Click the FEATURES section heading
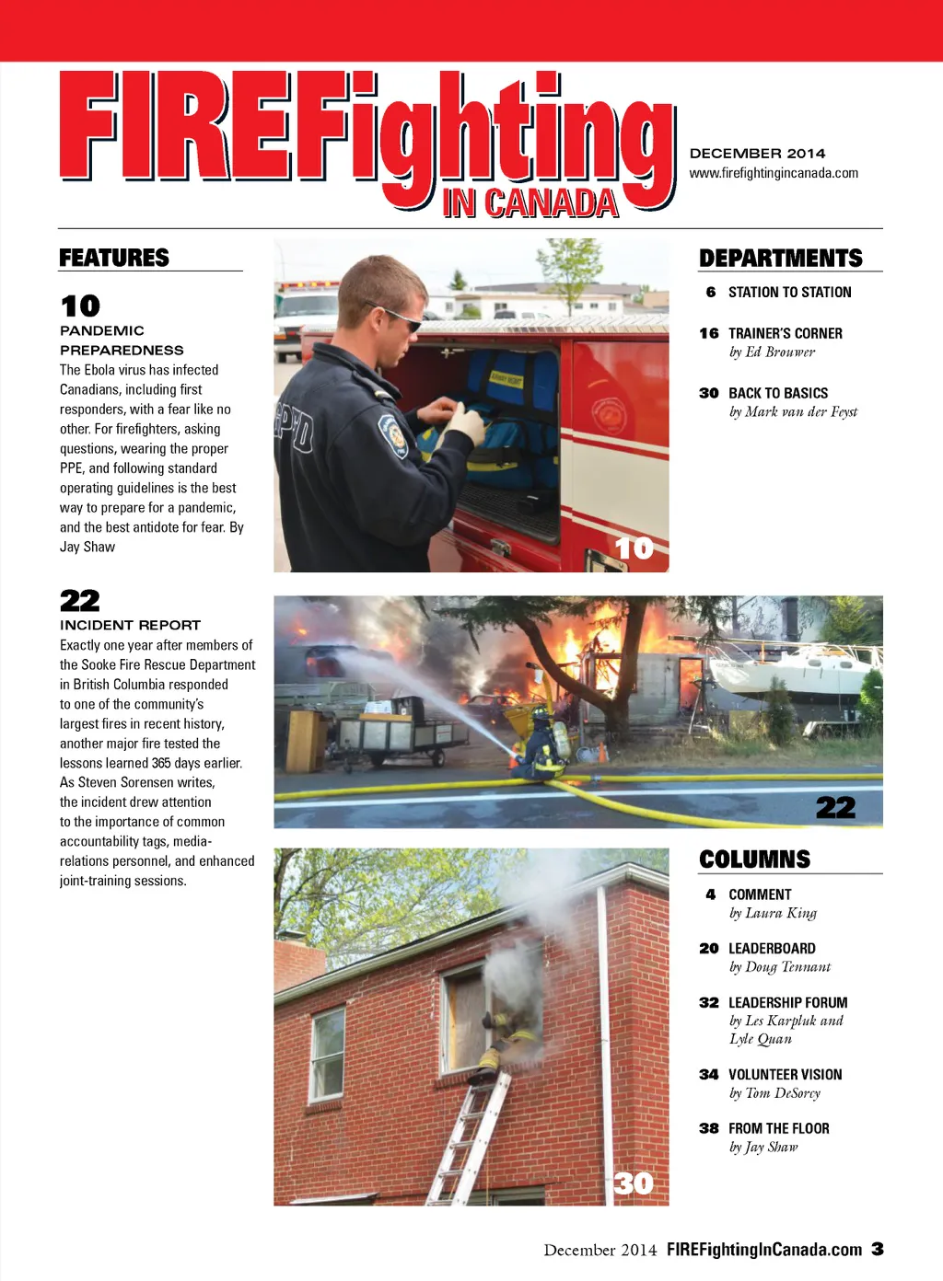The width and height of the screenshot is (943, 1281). [x=114, y=258]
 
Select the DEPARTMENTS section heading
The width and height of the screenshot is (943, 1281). [x=780, y=259]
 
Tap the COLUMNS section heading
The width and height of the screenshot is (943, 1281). [x=754, y=860]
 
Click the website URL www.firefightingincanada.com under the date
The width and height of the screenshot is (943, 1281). [x=774, y=173]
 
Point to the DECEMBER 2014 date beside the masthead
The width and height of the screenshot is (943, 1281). [x=757, y=154]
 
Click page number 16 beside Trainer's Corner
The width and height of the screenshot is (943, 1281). [x=708, y=333]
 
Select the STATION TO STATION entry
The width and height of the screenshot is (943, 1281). [x=789, y=293]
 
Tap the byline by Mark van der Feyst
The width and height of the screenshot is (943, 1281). [x=793, y=412]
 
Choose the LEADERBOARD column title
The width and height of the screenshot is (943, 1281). [x=772, y=949]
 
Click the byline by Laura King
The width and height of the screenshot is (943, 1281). [x=773, y=913]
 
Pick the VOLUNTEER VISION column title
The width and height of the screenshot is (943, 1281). [x=785, y=1075]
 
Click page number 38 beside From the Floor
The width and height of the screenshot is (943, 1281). [x=708, y=1128]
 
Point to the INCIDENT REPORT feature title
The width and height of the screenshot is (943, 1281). [x=130, y=625]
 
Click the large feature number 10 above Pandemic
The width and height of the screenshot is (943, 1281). [x=80, y=306]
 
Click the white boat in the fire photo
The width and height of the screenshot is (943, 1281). [x=792, y=664]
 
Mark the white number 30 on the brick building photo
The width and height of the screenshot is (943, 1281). [x=634, y=1183]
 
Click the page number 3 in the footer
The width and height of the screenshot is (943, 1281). [x=878, y=1249]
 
